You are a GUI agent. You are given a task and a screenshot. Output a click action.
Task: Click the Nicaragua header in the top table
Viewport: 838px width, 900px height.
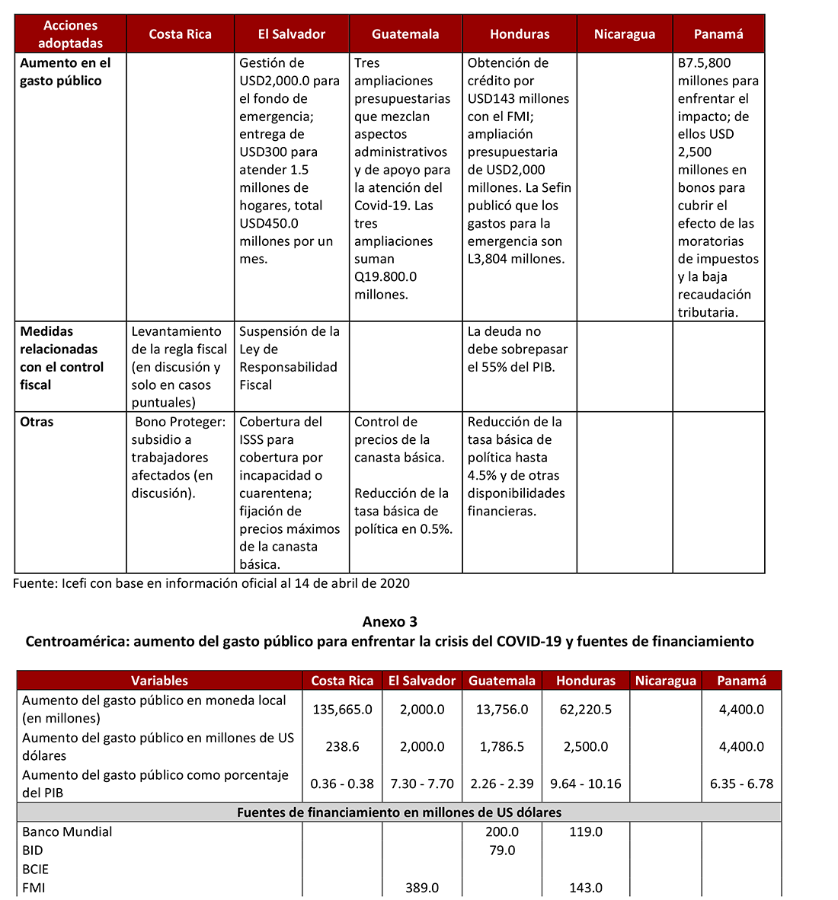pyautogui.click(x=624, y=34)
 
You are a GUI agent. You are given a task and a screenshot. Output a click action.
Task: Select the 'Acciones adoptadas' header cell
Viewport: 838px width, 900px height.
pyautogui.click(x=70, y=34)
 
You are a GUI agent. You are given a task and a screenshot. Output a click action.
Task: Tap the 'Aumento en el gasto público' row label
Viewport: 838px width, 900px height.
pyautogui.click(x=66, y=72)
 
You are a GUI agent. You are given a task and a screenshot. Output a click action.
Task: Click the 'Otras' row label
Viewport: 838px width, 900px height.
pyautogui.click(x=37, y=422)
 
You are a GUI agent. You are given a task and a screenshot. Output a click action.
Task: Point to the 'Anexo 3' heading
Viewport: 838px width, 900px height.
pyautogui.click(x=389, y=621)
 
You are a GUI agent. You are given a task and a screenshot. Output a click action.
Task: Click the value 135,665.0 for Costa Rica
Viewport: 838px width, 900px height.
pyautogui.click(x=342, y=710)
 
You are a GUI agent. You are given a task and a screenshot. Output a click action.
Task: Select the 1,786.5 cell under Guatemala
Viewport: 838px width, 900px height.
pyautogui.click(x=501, y=747)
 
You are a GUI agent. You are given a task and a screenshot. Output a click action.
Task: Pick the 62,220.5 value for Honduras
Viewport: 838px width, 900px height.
pyautogui.click(x=585, y=710)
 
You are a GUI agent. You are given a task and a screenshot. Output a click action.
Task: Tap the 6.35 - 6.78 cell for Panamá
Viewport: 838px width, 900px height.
pyautogui.click(x=741, y=784)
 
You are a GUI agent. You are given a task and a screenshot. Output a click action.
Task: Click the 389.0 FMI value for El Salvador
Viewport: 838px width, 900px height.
pyautogui.click(x=421, y=888)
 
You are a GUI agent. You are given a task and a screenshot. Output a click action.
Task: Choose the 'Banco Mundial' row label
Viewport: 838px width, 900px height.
pyautogui.click(x=67, y=832)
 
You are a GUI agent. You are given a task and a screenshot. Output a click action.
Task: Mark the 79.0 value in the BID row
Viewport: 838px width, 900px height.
pyautogui.click(x=501, y=851)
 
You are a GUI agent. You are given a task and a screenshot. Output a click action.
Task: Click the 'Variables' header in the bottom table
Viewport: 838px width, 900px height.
pyautogui.click(x=159, y=681)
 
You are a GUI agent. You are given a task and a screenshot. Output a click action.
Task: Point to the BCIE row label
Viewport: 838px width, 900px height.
pyautogui.click(x=35, y=869)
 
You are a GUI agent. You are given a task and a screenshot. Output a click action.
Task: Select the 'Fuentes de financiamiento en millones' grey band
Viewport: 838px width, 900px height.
pyautogui.click(x=399, y=812)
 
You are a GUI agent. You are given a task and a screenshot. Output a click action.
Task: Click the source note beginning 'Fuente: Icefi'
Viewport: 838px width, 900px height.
pyautogui.click(x=211, y=584)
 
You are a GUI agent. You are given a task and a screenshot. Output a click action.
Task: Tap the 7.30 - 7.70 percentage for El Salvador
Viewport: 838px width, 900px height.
pyautogui.click(x=421, y=784)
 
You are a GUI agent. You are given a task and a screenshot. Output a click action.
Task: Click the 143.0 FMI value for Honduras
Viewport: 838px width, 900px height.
pyautogui.click(x=585, y=888)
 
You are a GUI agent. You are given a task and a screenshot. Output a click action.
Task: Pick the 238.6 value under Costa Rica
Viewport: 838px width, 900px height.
pyautogui.click(x=342, y=747)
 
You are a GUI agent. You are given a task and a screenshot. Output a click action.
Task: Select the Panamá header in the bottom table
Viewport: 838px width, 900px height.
pyautogui.click(x=741, y=681)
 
